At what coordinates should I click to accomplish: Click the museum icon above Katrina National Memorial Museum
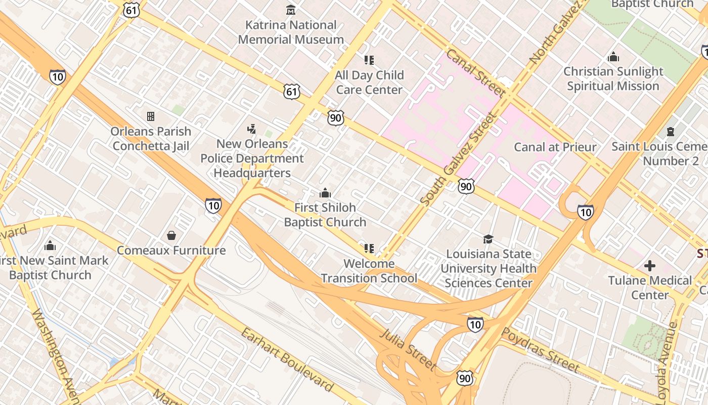tap(291, 10)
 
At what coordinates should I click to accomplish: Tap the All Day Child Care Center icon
tap(369, 60)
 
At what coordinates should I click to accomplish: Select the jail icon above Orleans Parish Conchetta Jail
tap(151, 116)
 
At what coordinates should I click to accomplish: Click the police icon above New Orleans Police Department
tap(251, 129)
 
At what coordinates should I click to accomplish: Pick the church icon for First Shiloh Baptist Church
tap(325, 193)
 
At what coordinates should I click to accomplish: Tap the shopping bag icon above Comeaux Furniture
tap(171, 235)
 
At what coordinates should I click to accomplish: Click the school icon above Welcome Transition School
tap(369, 249)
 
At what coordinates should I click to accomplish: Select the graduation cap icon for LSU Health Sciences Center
tap(488, 239)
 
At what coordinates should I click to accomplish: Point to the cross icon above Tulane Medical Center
tap(650, 266)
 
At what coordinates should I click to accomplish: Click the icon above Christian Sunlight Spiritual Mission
tap(613, 57)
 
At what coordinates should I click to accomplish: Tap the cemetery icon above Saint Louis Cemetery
tap(671, 132)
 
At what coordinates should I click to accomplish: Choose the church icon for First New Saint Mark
tap(50, 246)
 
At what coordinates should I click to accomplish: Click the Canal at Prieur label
tap(555, 147)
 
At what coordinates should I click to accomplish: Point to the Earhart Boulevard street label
tap(287, 360)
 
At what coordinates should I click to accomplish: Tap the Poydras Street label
tap(540, 349)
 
